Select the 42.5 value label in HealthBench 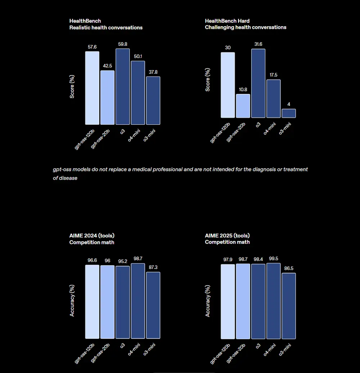(x=107, y=66)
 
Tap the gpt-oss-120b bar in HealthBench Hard (x=228, y=85)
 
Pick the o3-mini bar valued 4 (x=288, y=113)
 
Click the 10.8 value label (x=243, y=90)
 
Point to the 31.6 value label (x=258, y=44)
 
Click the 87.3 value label (x=153, y=267)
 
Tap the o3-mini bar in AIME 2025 (x=288, y=306)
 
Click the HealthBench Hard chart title (x=227, y=21)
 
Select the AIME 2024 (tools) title (x=92, y=236)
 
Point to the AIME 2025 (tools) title (x=228, y=236)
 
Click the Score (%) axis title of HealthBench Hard (x=208, y=80)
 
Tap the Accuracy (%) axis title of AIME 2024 (x=72, y=300)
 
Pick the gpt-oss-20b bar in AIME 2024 (x=107, y=302)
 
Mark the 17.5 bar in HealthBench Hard (x=273, y=99)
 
